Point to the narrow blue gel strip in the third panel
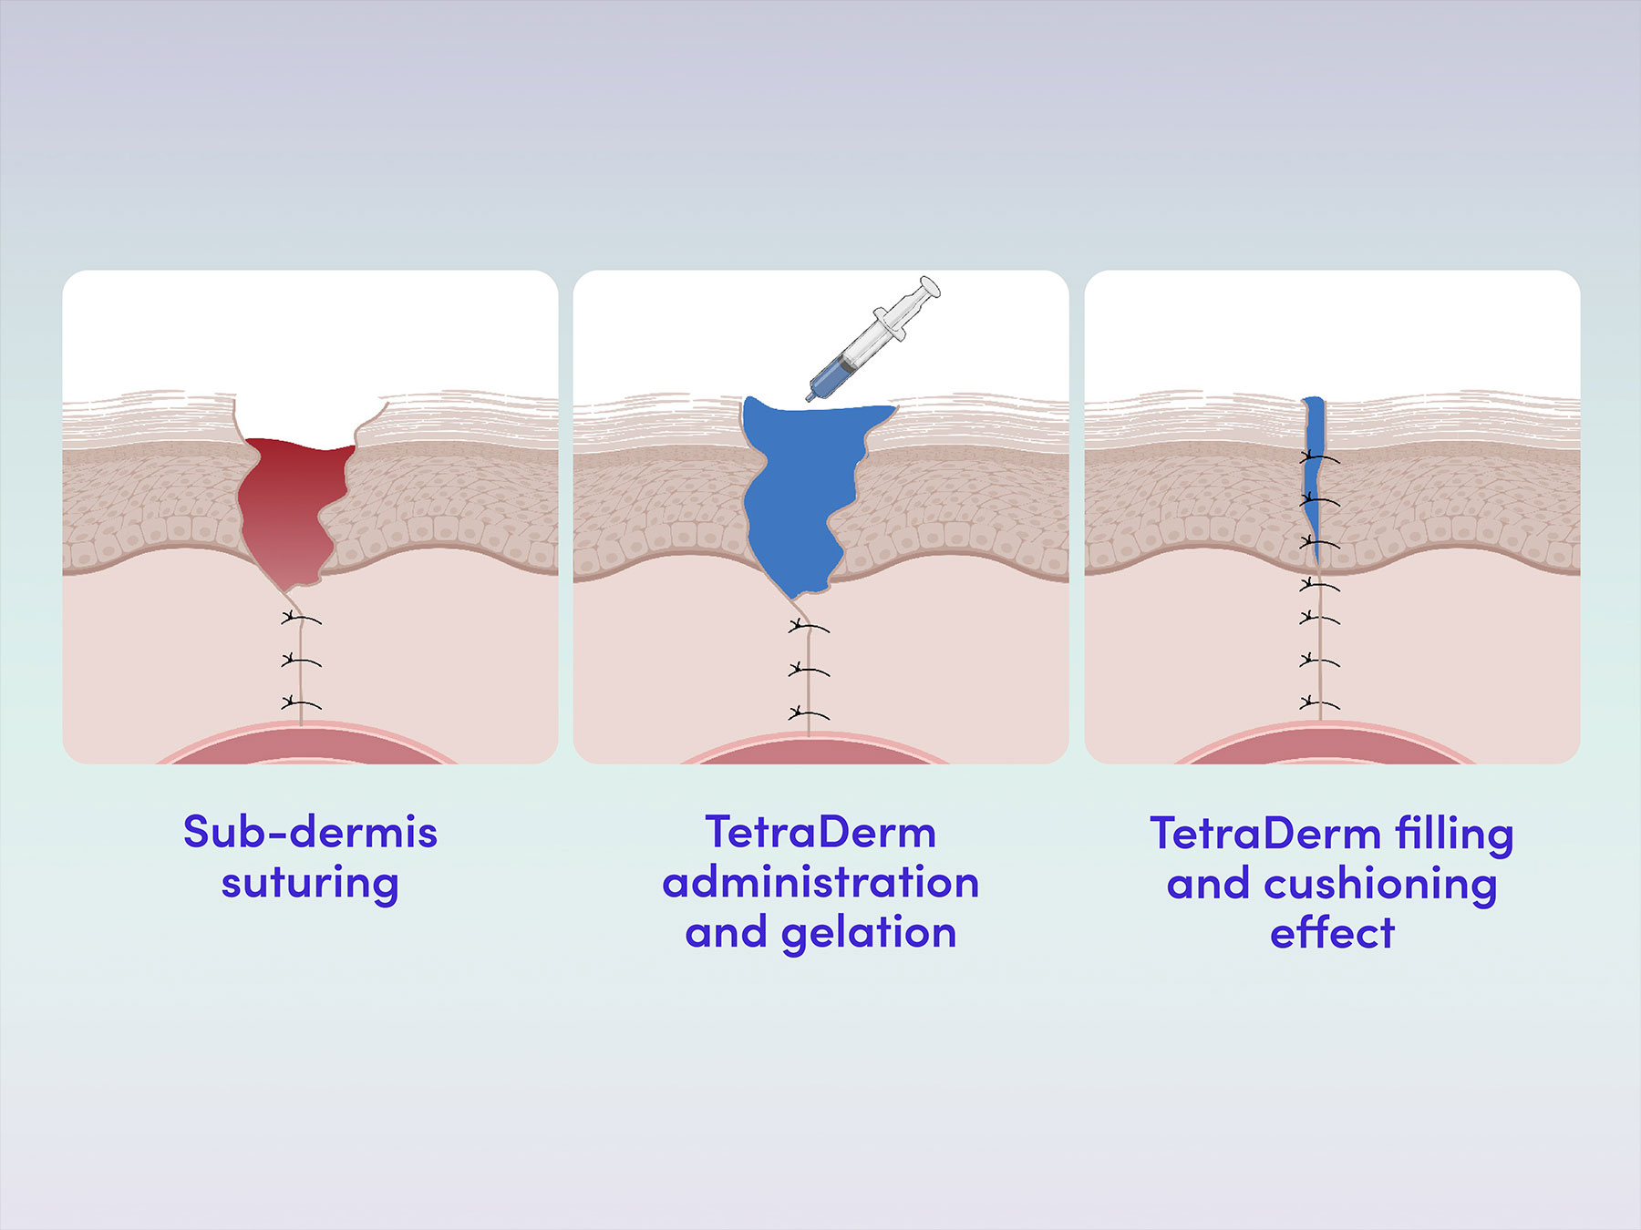click(1313, 474)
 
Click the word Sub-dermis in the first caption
click(310, 832)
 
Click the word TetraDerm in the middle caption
click(820, 832)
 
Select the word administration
click(820, 883)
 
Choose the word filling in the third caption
click(1454, 834)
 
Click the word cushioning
click(1380, 885)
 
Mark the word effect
click(1332, 933)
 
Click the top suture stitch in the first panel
click(300, 620)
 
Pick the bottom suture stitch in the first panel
click(300, 703)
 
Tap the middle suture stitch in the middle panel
click(808, 671)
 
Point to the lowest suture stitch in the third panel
click(1318, 703)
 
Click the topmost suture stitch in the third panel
click(1318, 457)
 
